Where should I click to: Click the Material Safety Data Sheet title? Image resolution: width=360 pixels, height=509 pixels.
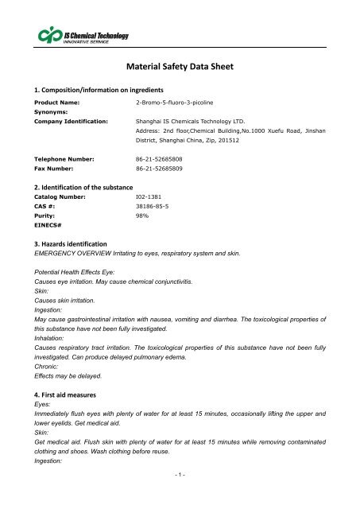[180, 69]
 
